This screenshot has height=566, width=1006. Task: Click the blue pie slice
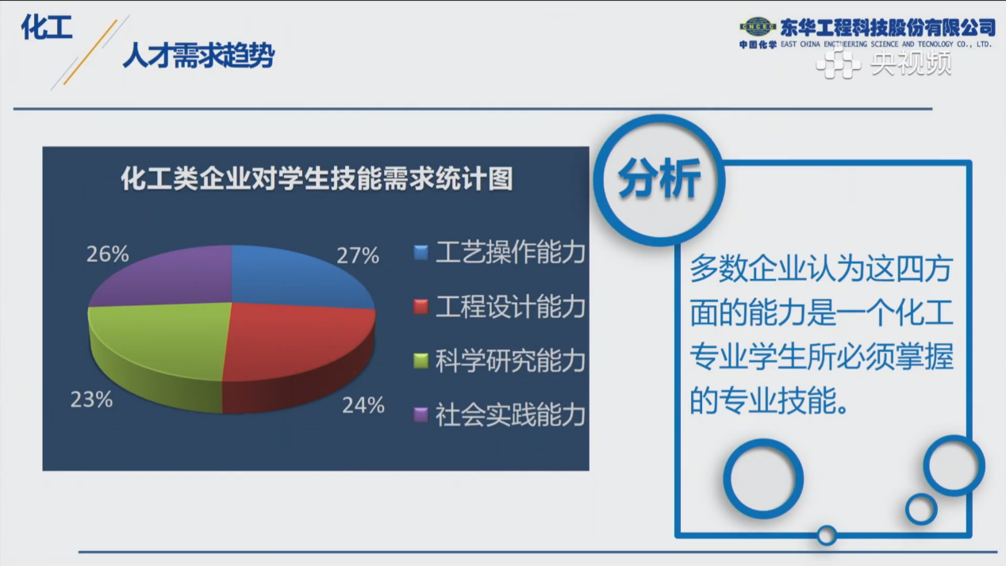coord(297,278)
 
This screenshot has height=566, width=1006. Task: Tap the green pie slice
coord(162,346)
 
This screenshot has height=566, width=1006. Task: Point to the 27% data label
coord(358,256)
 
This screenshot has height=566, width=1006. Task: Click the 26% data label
coord(108,254)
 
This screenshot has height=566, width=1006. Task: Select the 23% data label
coord(91,400)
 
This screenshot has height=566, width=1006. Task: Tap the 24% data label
coord(363,405)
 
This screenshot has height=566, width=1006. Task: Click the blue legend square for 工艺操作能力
coord(420,252)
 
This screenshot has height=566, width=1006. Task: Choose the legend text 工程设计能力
coord(511,307)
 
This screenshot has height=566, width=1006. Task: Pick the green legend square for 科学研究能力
coord(420,361)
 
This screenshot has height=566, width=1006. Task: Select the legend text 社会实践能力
coord(511,415)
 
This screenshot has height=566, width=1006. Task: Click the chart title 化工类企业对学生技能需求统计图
coord(317,179)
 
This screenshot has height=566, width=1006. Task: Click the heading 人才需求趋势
coord(198,55)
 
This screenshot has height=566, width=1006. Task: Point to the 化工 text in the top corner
coord(47,27)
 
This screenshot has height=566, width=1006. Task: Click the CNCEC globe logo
coord(758,27)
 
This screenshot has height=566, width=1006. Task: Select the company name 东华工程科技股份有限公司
coord(888,28)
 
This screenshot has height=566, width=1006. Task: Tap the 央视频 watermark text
coord(911,63)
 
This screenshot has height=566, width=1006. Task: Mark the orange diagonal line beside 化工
coord(90,52)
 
